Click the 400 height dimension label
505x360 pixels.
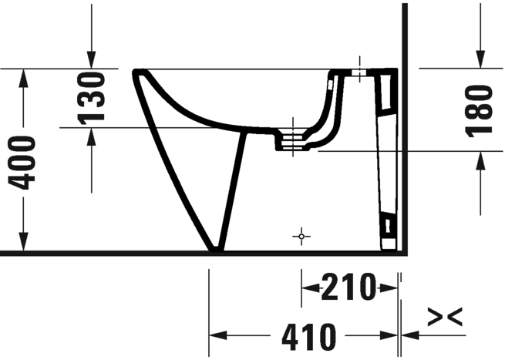coord(22,163)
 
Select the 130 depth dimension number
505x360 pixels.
coord(91,98)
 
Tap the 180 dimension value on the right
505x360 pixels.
coord(479,111)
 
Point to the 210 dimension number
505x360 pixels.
coord(348,287)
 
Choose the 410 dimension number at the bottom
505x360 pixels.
coord(309,337)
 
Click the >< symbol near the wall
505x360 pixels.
coord(445,317)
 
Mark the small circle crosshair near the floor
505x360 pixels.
coord(301,237)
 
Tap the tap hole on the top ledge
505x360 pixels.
coord(359,72)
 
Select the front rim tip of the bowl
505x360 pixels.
coord(136,72)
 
